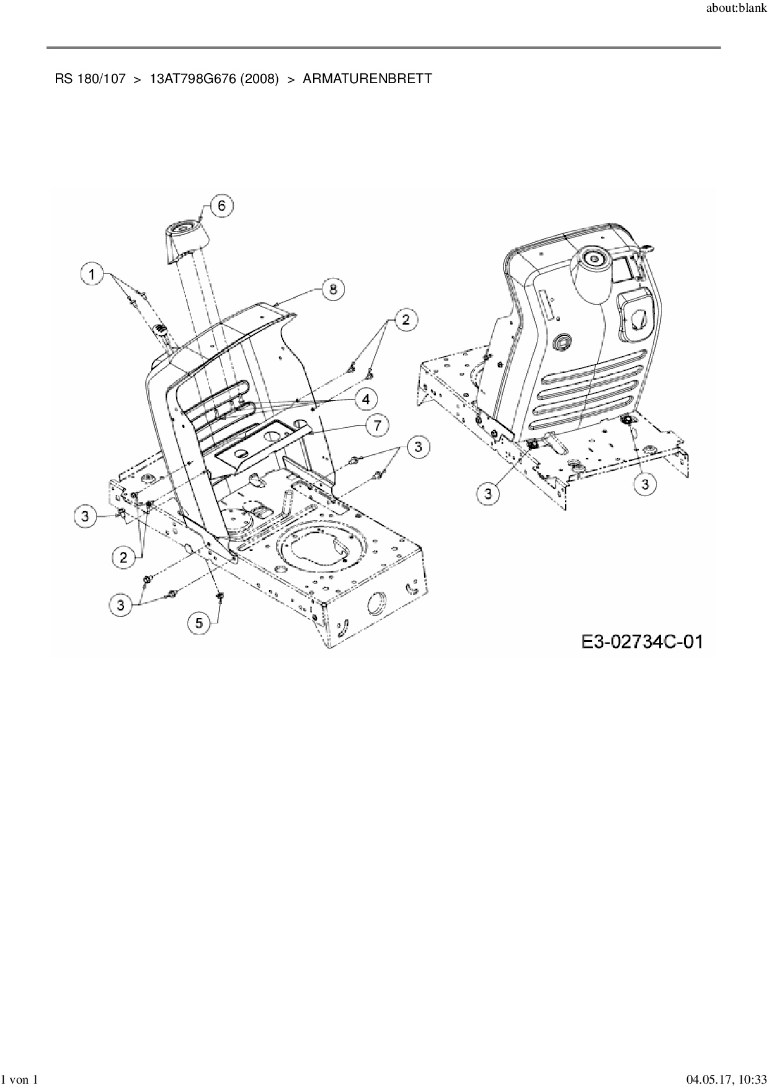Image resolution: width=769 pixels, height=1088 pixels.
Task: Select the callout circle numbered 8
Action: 333,289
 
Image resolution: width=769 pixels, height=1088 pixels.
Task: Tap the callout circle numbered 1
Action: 92,274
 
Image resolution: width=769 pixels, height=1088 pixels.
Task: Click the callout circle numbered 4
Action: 366,399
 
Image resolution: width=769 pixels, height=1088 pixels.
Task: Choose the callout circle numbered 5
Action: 199,622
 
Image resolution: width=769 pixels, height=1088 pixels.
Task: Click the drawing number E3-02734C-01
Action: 642,641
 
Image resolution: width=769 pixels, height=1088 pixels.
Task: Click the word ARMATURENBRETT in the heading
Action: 367,79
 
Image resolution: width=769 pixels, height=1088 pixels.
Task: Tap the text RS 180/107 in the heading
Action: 90,79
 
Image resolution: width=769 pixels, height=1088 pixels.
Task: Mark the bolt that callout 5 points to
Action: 220,597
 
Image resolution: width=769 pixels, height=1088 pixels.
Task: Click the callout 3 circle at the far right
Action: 645,484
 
